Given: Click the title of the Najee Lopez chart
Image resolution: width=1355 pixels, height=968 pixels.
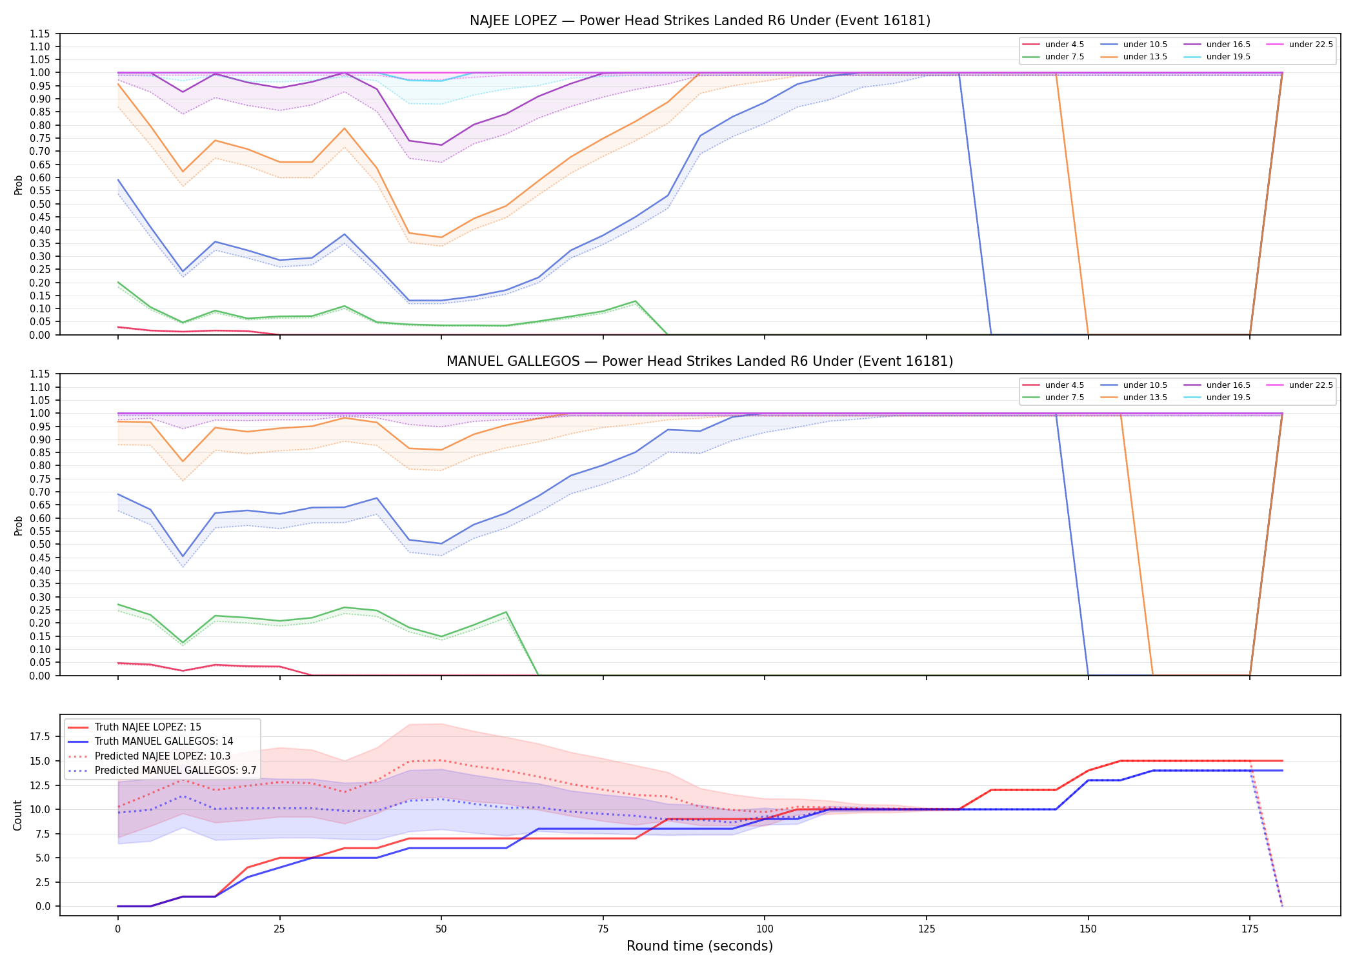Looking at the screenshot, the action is pos(700,21).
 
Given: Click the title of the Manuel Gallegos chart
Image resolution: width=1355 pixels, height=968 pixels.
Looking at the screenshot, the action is pos(700,361).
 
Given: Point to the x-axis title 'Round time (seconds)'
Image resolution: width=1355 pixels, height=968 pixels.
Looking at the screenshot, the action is pos(700,946).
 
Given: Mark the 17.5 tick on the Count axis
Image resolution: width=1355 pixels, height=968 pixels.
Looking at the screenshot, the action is pos(42,736).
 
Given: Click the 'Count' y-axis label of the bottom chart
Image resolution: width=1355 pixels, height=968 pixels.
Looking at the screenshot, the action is pos(17,815).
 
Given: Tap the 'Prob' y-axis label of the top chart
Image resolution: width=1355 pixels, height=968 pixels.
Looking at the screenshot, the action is pos(18,185).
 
